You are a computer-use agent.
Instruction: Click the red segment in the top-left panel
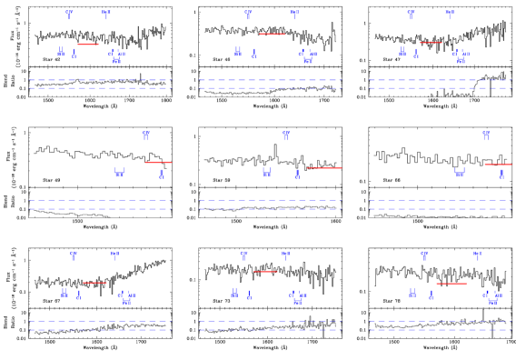click(x=88, y=44)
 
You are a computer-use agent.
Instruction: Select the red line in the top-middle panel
click(x=273, y=35)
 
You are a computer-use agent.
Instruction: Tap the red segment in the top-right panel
click(x=431, y=43)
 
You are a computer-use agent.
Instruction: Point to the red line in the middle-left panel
click(x=158, y=163)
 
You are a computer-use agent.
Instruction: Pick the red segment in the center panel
click(x=324, y=167)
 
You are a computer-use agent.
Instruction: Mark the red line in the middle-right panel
click(x=498, y=165)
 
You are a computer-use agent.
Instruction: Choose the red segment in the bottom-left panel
click(x=94, y=283)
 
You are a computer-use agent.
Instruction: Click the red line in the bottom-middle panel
click(x=264, y=271)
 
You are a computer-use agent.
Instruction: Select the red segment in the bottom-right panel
click(x=451, y=284)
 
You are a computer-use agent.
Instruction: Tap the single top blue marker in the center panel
click(x=286, y=135)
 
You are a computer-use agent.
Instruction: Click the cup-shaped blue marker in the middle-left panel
click(x=119, y=172)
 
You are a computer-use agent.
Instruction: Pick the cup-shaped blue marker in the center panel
click(x=266, y=172)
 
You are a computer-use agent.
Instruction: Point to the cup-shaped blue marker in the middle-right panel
click(x=460, y=172)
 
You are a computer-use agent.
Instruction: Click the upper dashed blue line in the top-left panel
click(x=100, y=80)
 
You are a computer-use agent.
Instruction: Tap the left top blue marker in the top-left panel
click(x=69, y=15)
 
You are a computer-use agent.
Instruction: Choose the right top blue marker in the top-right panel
click(x=449, y=15)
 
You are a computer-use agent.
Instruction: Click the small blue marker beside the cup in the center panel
click(x=297, y=174)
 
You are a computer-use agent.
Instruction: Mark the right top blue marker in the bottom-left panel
click(x=114, y=255)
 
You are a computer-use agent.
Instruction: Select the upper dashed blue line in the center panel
click(x=270, y=200)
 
